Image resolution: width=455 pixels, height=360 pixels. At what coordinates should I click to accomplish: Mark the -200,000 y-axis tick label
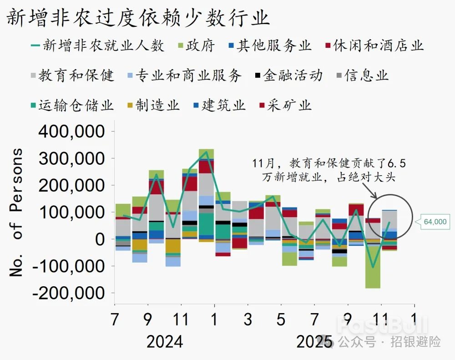70,293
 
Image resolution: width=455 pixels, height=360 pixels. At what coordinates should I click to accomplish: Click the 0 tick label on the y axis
99,239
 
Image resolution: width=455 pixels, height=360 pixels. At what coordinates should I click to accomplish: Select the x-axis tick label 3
248,319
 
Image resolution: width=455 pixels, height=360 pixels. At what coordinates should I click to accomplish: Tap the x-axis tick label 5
281,319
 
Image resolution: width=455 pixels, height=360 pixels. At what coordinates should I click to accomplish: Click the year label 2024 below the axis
164,341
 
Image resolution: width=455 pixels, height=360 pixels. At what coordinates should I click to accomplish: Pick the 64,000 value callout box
435,222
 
